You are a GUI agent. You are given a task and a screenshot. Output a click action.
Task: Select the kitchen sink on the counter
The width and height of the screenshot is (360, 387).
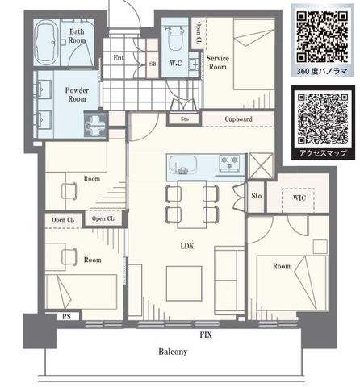(182, 164)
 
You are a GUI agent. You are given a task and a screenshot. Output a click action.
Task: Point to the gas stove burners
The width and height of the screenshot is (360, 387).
(229, 163)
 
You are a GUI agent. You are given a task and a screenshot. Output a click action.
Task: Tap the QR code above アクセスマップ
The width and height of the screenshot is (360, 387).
(323, 119)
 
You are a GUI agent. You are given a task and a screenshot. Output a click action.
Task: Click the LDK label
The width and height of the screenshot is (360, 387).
(187, 246)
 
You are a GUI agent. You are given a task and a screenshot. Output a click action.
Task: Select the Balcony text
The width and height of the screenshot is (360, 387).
(173, 352)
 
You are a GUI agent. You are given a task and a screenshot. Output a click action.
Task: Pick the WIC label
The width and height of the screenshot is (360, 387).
(299, 198)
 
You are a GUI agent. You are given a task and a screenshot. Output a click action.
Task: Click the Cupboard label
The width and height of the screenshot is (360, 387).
(238, 119)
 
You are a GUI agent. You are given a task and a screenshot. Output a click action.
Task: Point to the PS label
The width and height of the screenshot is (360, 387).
(66, 317)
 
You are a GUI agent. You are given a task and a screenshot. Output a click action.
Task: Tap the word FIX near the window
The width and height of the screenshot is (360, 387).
(206, 335)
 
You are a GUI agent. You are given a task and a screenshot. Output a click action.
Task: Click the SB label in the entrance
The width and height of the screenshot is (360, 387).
(153, 64)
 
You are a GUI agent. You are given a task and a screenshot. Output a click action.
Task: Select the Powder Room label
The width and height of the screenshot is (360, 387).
(77, 94)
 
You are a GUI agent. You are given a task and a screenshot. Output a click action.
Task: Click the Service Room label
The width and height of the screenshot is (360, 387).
(218, 62)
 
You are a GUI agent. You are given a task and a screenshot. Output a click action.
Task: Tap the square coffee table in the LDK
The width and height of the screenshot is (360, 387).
(184, 283)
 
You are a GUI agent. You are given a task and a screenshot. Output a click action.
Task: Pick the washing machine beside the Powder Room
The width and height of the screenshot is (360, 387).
(95, 125)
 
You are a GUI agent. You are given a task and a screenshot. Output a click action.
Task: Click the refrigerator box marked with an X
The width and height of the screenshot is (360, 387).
(261, 166)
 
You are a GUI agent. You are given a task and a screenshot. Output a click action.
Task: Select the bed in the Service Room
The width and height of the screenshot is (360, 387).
(253, 54)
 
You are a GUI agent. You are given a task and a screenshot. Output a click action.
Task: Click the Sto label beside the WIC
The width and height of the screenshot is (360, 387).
(257, 196)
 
